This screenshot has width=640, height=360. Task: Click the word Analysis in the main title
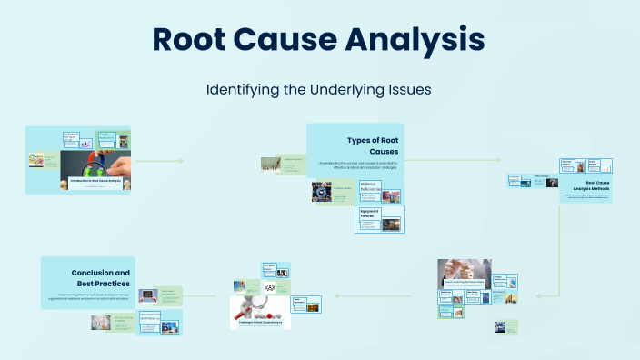(x=418, y=41)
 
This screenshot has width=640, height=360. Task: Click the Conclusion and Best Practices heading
(x=100, y=278)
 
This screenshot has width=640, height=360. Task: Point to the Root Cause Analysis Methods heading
(x=597, y=186)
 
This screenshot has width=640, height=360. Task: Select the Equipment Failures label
(x=369, y=214)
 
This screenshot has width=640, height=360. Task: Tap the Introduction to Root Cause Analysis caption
(x=101, y=182)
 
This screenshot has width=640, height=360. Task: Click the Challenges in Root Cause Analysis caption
(x=260, y=321)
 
